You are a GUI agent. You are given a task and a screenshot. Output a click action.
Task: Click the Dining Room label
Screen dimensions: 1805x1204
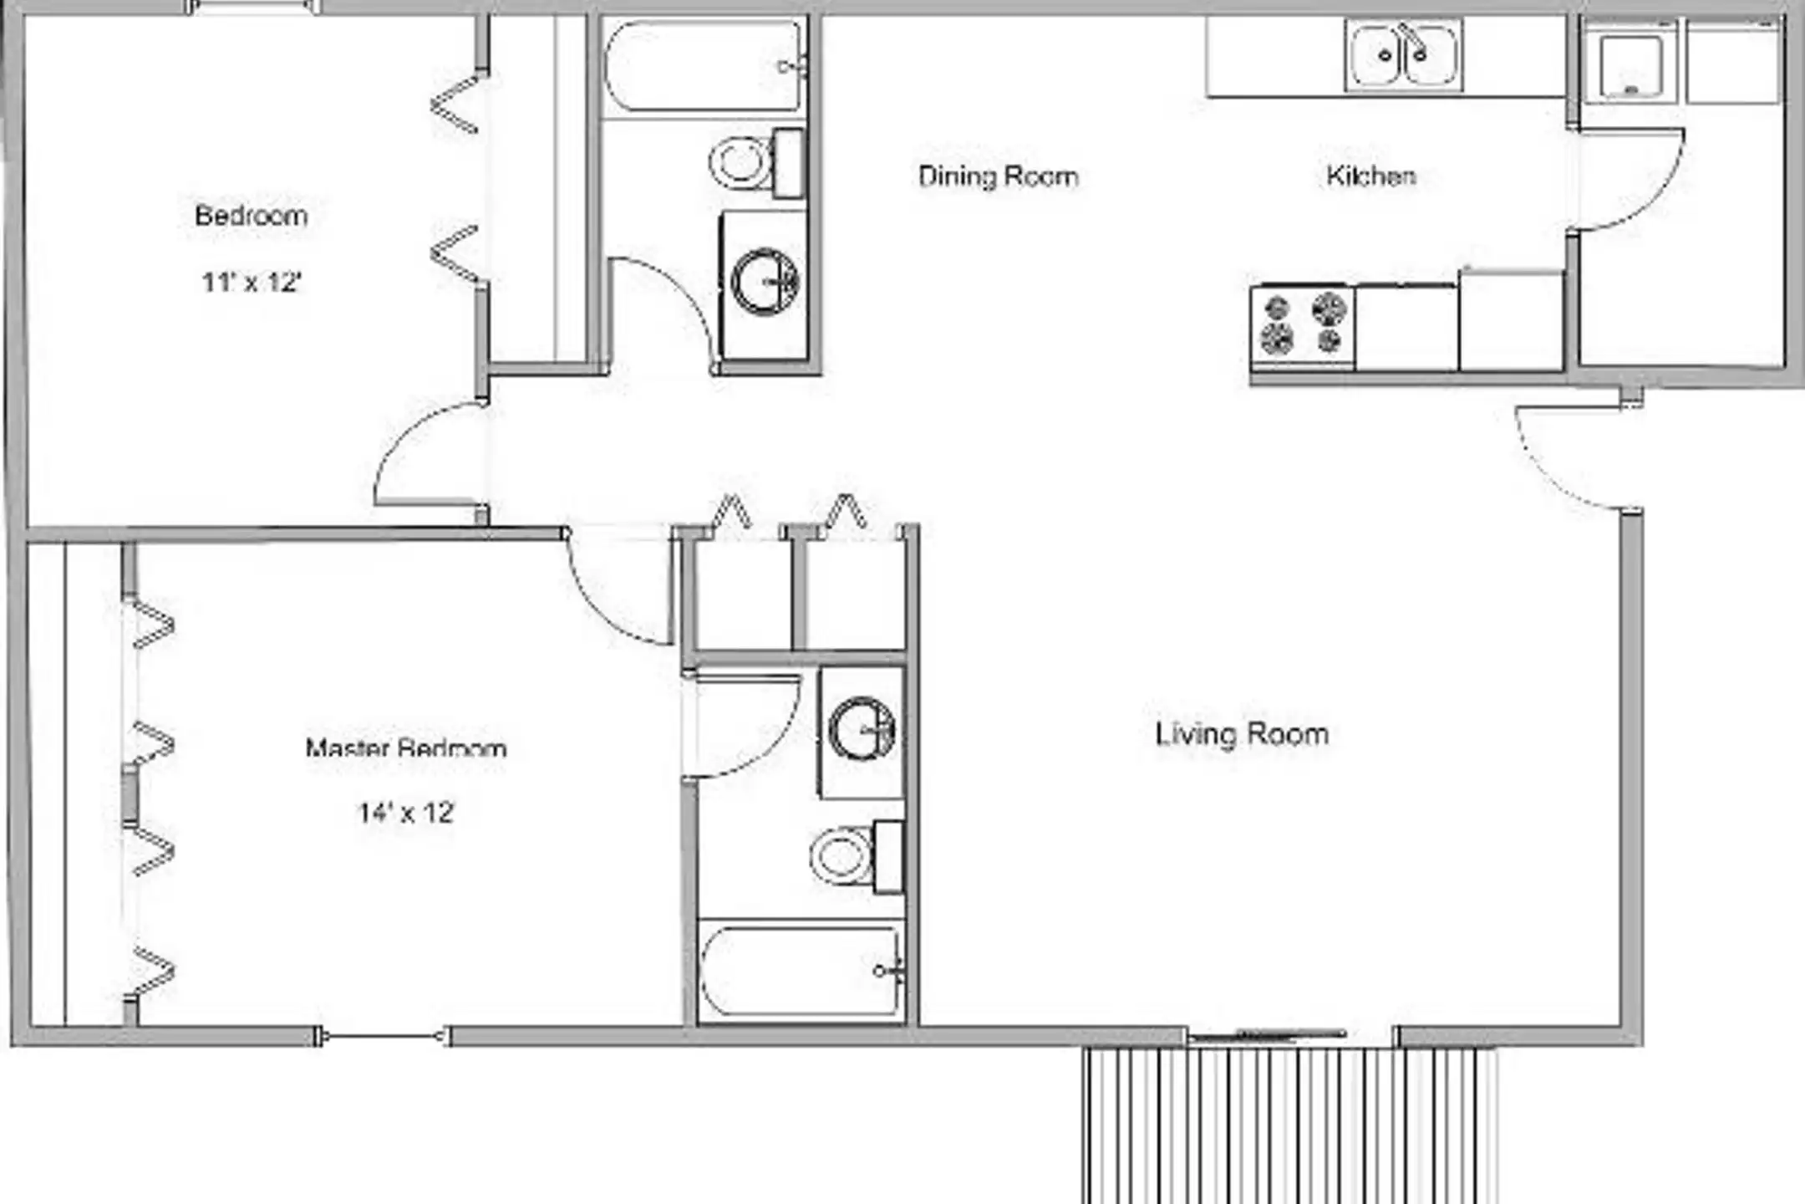pyautogui.click(x=998, y=176)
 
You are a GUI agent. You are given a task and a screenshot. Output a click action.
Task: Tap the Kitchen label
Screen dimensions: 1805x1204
pyautogui.click(x=1371, y=176)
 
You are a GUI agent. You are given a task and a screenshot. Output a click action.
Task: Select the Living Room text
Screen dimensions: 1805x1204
pyautogui.click(x=1242, y=734)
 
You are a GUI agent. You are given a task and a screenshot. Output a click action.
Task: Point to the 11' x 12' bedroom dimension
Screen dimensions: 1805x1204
pyautogui.click(x=251, y=282)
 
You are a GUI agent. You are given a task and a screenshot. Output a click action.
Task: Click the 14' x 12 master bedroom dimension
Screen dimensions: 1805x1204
pyautogui.click(x=405, y=812)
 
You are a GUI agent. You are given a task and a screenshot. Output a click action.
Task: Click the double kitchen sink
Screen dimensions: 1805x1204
pyautogui.click(x=1404, y=54)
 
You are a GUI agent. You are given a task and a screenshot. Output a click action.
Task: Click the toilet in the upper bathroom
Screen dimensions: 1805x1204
pyautogui.click(x=757, y=163)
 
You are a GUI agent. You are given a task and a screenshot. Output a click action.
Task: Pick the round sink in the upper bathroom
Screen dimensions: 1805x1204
pyautogui.click(x=765, y=282)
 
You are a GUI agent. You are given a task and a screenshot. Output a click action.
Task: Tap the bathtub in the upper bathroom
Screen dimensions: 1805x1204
pyautogui.click(x=704, y=67)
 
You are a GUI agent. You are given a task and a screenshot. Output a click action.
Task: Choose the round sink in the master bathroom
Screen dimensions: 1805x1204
pyautogui.click(x=862, y=729)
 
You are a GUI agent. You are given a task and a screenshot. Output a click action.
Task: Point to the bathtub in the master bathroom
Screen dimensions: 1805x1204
pyautogui.click(x=801, y=971)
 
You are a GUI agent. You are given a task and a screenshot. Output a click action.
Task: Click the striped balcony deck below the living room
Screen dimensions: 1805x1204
pyautogui.click(x=1290, y=1125)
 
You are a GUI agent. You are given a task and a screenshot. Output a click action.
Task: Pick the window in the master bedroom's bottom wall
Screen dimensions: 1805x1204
pyautogui.click(x=383, y=1037)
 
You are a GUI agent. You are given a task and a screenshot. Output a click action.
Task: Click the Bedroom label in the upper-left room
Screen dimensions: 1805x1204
pyautogui.click(x=251, y=216)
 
